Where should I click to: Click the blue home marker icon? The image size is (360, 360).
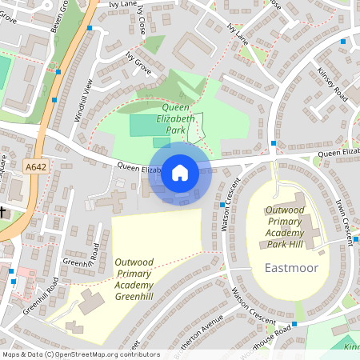pyautogui.click(x=180, y=172)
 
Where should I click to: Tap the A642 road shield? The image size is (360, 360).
pyautogui.click(x=34, y=167)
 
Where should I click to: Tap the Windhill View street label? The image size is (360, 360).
pyautogui.click(x=84, y=100)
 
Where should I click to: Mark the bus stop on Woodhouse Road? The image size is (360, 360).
pyautogui.click(x=294, y=323)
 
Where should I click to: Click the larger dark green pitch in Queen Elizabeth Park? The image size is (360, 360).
pyautogui.click(x=144, y=125)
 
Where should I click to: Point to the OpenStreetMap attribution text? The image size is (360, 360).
pyautogui.click(x=81, y=354)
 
